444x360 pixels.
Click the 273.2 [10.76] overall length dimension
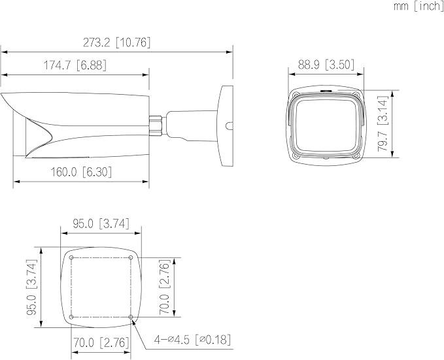tap(116, 42)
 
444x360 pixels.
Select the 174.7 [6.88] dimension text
tap(75, 65)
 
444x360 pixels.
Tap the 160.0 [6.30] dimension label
tap(81, 172)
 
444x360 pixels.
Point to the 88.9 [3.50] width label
tap(326, 65)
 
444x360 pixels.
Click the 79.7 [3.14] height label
tap(383, 123)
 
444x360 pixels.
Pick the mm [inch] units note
tap(418, 6)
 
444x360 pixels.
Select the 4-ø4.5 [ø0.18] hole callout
tap(192, 339)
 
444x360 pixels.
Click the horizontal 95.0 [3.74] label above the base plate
tap(101, 223)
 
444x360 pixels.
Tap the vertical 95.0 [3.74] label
tap(31, 287)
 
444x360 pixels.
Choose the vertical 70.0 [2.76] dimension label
tap(164, 287)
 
